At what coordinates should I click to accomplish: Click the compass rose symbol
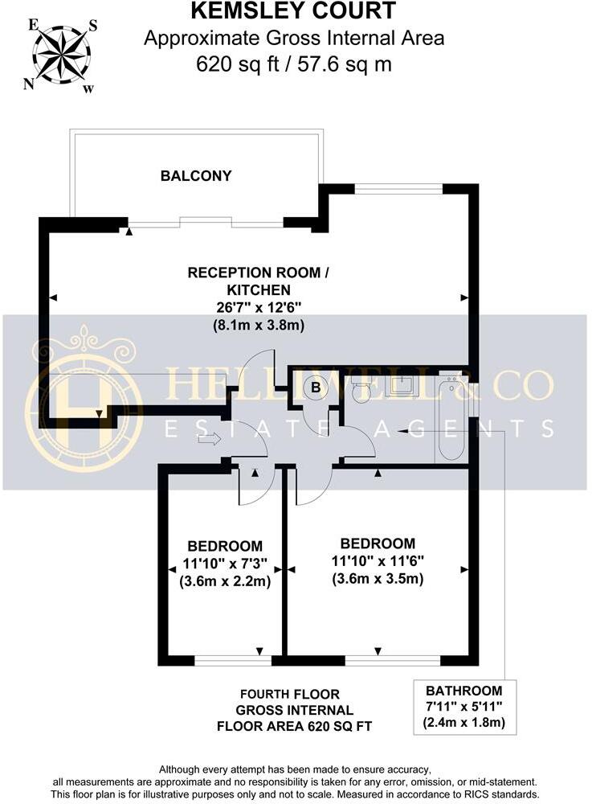click(x=62, y=54)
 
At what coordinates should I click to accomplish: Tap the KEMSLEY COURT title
click(x=293, y=11)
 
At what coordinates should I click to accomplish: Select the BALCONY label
click(x=196, y=175)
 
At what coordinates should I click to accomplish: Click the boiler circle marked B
click(x=316, y=388)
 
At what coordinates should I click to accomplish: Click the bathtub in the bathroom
click(x=451, y=418)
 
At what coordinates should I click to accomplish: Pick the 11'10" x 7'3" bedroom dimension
click(x=225, y=563)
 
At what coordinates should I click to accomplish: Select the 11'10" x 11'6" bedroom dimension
click(x=378, y=561)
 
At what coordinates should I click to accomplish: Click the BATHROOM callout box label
click(x=463, y=691)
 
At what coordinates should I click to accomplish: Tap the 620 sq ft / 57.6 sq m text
click(x=293, y=63)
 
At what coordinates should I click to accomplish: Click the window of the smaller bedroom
click(x=233, y=661)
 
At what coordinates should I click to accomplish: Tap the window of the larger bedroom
click(x=393, y=661)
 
